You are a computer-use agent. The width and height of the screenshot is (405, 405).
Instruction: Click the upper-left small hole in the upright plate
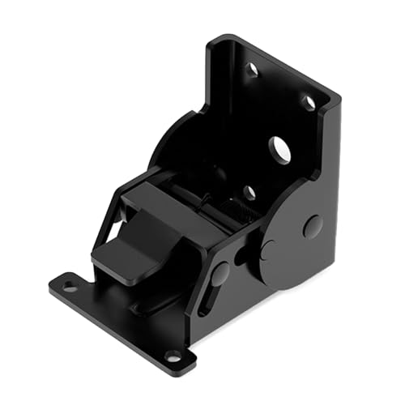(x=252, y=70)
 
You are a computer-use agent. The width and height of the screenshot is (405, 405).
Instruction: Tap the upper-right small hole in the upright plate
(x=309, y=102)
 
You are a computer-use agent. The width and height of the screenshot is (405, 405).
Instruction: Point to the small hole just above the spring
(x=249, y=193)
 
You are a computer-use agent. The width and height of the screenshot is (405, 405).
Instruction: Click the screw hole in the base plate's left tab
(x=70, y=285)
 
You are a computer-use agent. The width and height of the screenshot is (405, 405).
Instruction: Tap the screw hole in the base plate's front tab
(x=173, y=356)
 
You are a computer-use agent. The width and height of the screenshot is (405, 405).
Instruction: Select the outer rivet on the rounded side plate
(x=313, y=226)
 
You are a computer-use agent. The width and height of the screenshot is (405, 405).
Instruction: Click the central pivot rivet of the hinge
(x=268, y=249)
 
